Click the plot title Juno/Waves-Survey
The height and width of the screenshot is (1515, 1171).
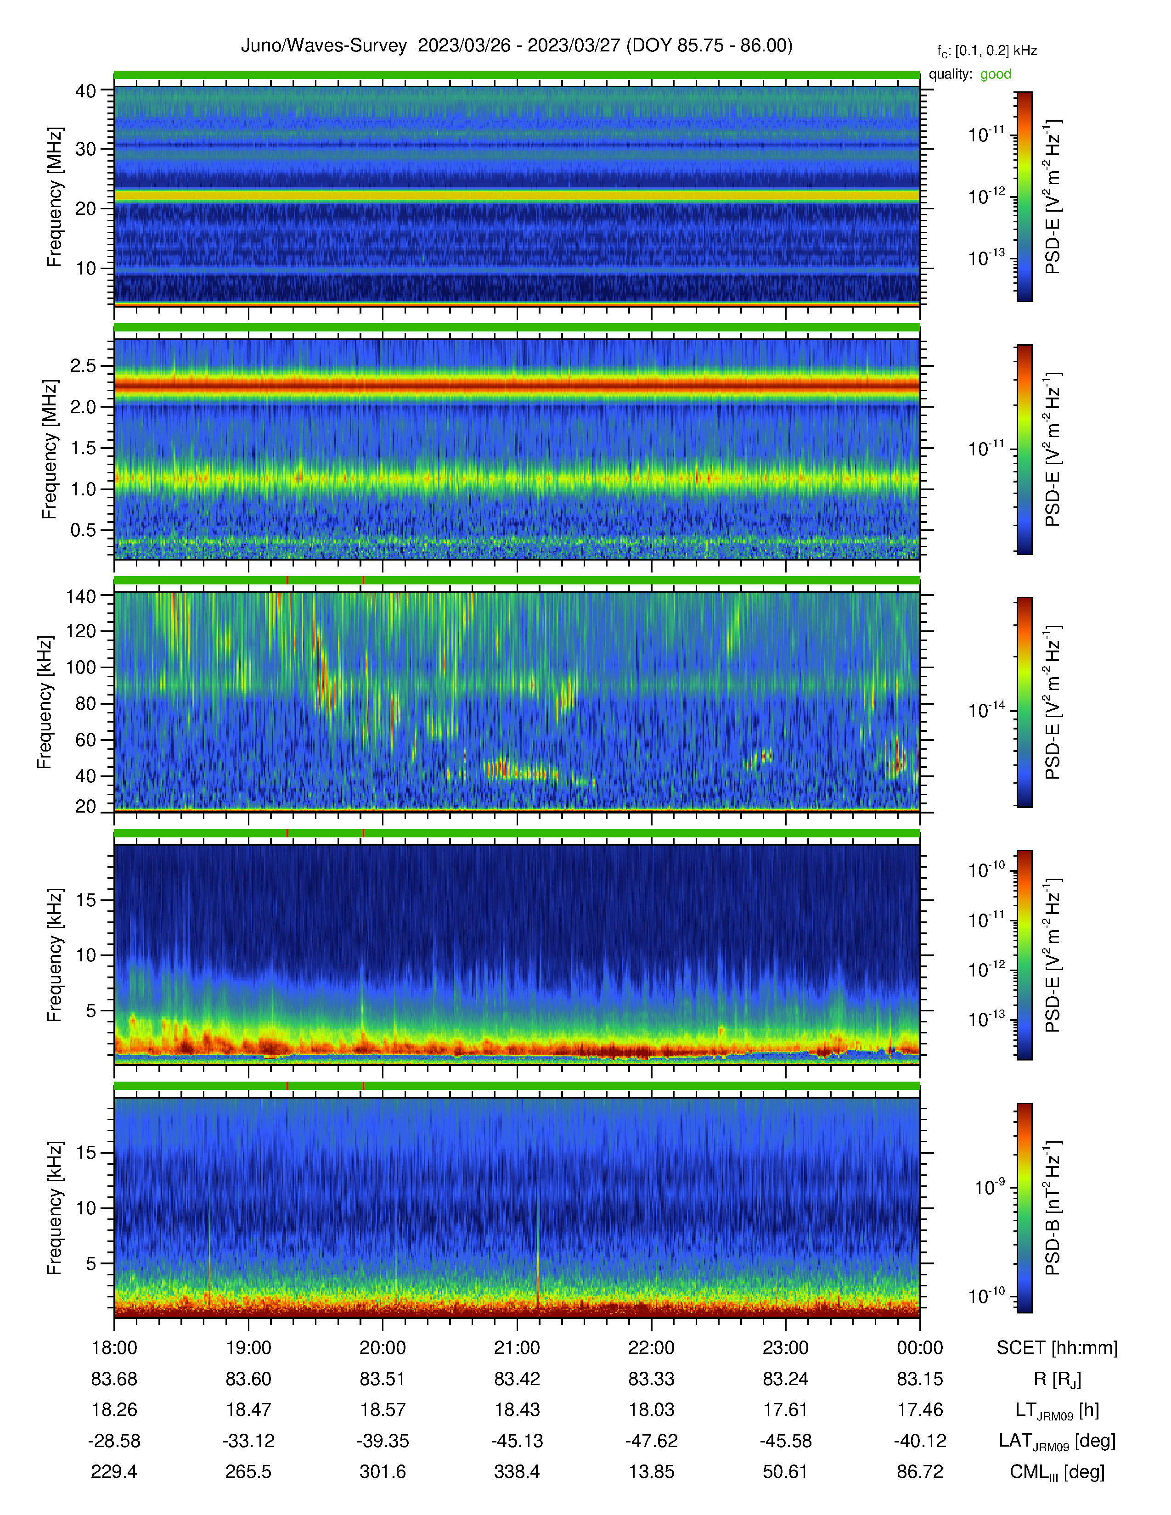tap(323, 46)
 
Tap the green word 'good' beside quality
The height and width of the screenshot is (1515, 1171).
tap(996, 74)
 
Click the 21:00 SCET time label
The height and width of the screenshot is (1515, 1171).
tap(517, 1348)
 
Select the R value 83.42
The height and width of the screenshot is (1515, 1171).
tap(517, 1379)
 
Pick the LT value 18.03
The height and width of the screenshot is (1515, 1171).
tap(652, 1409)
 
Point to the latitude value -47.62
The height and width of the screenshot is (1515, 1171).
tap(652, 1441)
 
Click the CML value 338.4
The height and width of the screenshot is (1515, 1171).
tap(517, 1471)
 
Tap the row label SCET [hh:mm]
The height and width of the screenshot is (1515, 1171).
tap(1057, 1348)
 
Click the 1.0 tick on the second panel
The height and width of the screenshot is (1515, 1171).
tap(83, 489)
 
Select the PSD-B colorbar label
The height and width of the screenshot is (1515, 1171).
tap(1053, 1208)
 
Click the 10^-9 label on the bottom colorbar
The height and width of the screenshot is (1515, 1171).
tap(989, 1186)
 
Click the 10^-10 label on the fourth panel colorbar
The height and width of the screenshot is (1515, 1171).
tap(986, 869)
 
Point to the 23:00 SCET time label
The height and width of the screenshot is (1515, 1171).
tap(785, 1348)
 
